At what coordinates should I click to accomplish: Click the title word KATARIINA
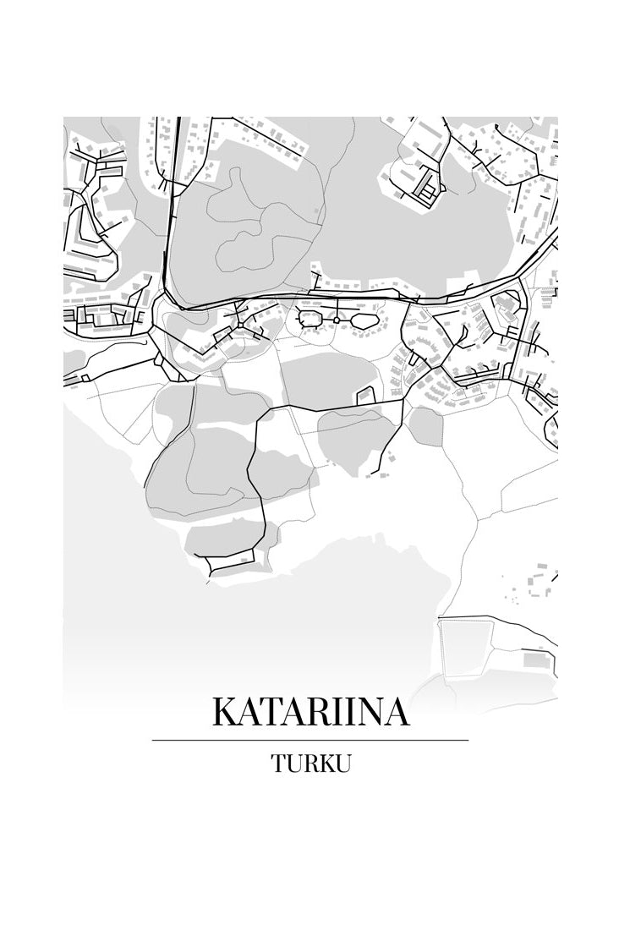tap(310, 712)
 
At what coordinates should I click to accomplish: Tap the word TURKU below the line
tap(310, 763)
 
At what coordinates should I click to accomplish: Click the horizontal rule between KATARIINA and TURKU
tap(310, 740)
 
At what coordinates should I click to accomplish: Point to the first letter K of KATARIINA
tap(224, 712)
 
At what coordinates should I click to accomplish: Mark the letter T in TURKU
tap(278, 763)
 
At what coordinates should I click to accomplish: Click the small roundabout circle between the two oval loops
tap(336, 320)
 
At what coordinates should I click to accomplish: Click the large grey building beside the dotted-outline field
tap(534, 660)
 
